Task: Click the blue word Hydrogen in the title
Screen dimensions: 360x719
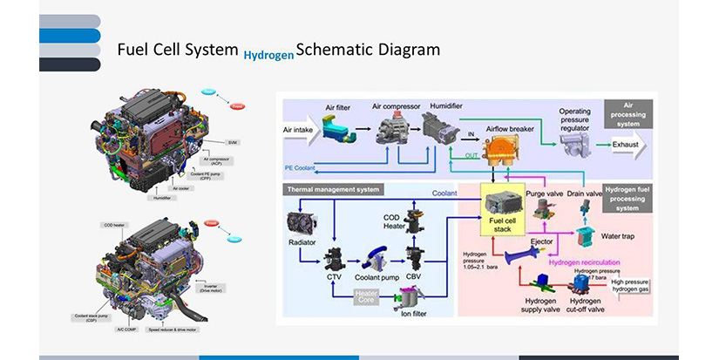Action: (x=269, y=54)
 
